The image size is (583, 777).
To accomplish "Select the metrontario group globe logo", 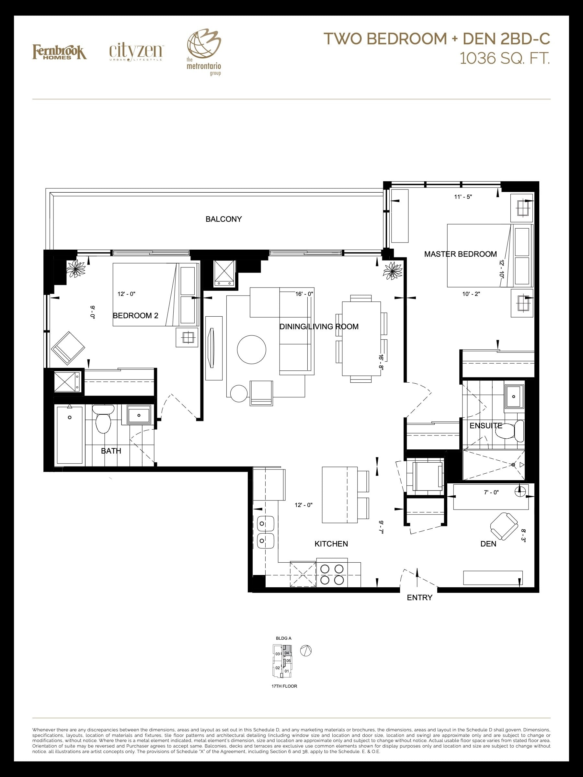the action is click(204, 52).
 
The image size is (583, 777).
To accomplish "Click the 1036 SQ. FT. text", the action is click(505, 59).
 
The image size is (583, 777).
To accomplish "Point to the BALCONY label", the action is click(223, 219).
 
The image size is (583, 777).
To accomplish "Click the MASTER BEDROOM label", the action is click(460, 254).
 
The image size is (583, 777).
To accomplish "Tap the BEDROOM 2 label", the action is click(135, 315).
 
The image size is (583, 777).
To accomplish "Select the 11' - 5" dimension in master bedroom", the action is click(463, 197).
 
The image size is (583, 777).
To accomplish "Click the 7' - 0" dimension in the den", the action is click(491, 492).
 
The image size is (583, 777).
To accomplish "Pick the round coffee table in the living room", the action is click(252, 350).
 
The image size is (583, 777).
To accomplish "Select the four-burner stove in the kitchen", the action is click(332, 573).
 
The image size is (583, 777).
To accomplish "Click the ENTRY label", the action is click(419, 598).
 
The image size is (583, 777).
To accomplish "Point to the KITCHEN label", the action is click(331, 544).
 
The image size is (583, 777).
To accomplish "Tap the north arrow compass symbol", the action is click(306, 650).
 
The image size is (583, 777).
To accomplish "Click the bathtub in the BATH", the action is click(70, 435).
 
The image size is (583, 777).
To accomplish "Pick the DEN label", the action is click(488, 544).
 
